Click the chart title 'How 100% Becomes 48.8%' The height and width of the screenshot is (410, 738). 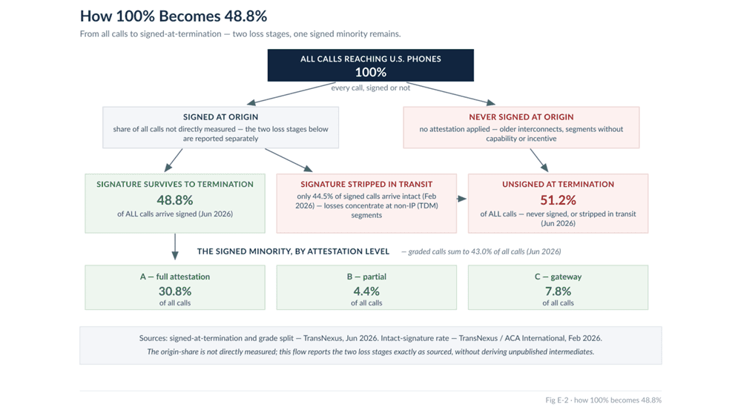pos(174,16)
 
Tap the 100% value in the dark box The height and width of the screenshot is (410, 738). pos(371,72)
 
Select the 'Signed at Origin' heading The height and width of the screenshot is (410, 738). pos(221,116)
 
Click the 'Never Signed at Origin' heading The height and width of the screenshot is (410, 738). pos(521,116)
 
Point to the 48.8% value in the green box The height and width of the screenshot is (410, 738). pos(175,200)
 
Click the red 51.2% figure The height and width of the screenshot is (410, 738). pos(559,200)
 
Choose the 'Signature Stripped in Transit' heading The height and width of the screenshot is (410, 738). pos(366,184)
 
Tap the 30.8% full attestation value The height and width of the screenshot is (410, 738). pos(175,291)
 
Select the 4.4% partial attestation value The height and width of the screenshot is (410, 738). pos(366,291)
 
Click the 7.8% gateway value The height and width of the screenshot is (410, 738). pos(559,291)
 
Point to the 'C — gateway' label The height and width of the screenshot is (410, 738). pos(559,277)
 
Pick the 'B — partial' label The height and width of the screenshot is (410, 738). pos(366,277)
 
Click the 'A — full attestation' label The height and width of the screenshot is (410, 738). pos(175,277)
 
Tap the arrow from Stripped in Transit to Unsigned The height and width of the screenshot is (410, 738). pos(462,199)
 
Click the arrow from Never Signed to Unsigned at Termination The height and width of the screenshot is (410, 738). pos(539,160)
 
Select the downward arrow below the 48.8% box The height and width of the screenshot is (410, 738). pos(175,247)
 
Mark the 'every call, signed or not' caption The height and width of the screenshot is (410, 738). pos(370,87)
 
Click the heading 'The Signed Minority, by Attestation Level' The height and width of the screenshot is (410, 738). pos(293,251)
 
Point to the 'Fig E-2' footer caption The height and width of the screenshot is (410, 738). pos(604,400)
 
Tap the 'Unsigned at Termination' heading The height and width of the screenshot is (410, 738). pos(559,184)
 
